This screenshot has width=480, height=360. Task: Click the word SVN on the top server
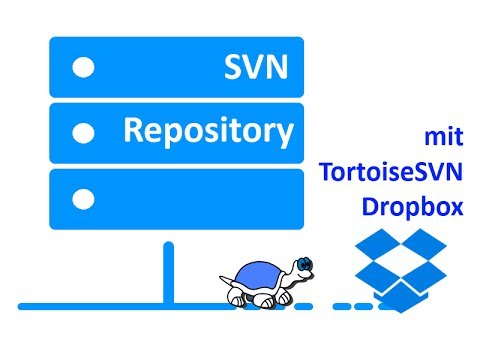tap(257, 67)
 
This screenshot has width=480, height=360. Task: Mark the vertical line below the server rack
tap(169, 271)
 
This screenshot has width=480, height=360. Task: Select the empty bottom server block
tap(176, 197)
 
